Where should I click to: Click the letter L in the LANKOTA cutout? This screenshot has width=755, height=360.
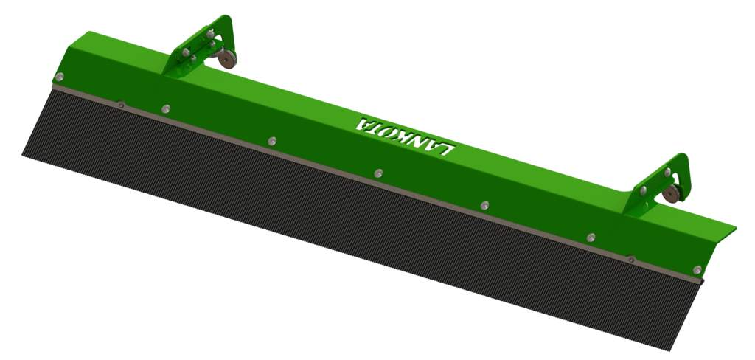click(x=447, y=148)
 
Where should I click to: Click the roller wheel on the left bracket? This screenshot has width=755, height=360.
click(x=226, y=59)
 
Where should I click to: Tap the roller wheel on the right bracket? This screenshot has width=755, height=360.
click(x=671, y=194)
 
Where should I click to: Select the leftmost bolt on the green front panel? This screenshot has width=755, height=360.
click(x=59, y=77)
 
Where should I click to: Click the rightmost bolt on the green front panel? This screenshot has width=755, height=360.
click(x=697, y=269)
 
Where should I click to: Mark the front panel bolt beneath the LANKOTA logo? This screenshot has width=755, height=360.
click(x=378, y=173)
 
